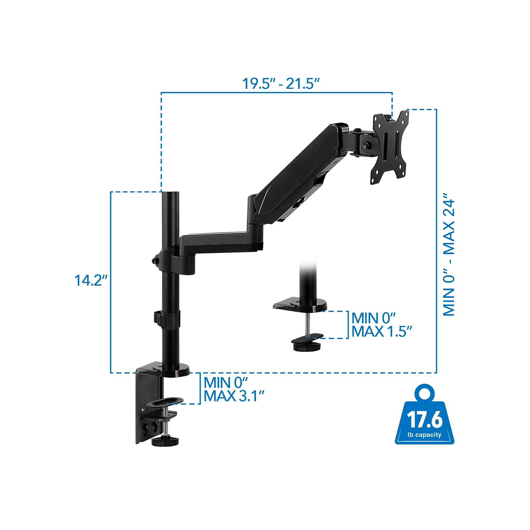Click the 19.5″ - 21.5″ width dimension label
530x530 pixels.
tap(281, 83)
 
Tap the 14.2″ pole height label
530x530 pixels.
tap(91, 280)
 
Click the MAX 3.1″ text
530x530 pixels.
tap(234, 396)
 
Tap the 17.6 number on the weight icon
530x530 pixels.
tap(425, 419)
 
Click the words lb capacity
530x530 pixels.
tap(424, 435)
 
